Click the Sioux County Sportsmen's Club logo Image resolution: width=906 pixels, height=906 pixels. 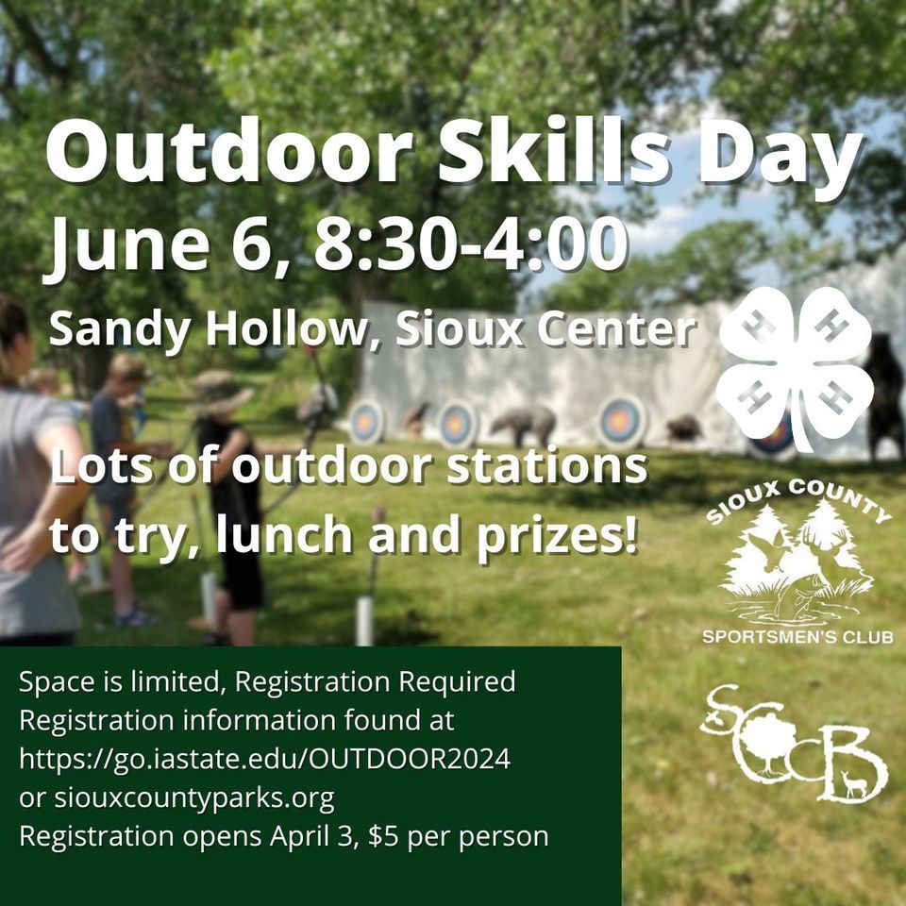(x=797, y=570)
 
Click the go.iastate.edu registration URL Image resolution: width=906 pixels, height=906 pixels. (x=264, y=759)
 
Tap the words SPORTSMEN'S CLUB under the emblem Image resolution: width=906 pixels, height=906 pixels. (x=797, y=637)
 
